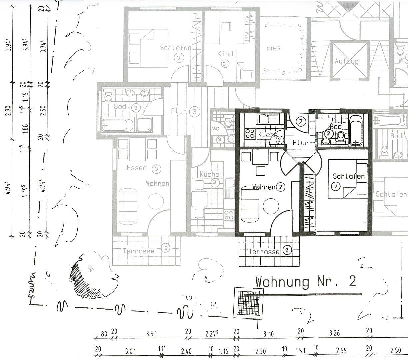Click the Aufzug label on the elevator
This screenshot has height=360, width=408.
click(x=346, y=62)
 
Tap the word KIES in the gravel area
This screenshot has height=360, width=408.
click(x=273, y=49)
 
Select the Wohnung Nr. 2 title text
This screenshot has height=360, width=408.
click(x=305, y=282)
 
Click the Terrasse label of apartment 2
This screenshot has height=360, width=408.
click(x=264, y=252)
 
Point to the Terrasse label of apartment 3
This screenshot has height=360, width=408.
click(x=139, y=251)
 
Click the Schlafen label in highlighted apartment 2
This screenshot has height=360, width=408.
click(x=349, y=176)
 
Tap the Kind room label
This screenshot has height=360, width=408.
click(x=225, y=54)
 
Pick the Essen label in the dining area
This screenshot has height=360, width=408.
click(x=136, y=168)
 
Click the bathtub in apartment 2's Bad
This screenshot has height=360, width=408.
click(x=356, y=130)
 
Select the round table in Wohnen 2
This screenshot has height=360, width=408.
click(x=271, y=207)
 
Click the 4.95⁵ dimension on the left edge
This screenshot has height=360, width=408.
click(x=10, y=190)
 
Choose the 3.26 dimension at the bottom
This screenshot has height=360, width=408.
click(x=334, y=333)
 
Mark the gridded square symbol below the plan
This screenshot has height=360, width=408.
click(x=248, y=302)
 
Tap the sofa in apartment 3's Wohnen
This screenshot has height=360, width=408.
click(x=128, y=205)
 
